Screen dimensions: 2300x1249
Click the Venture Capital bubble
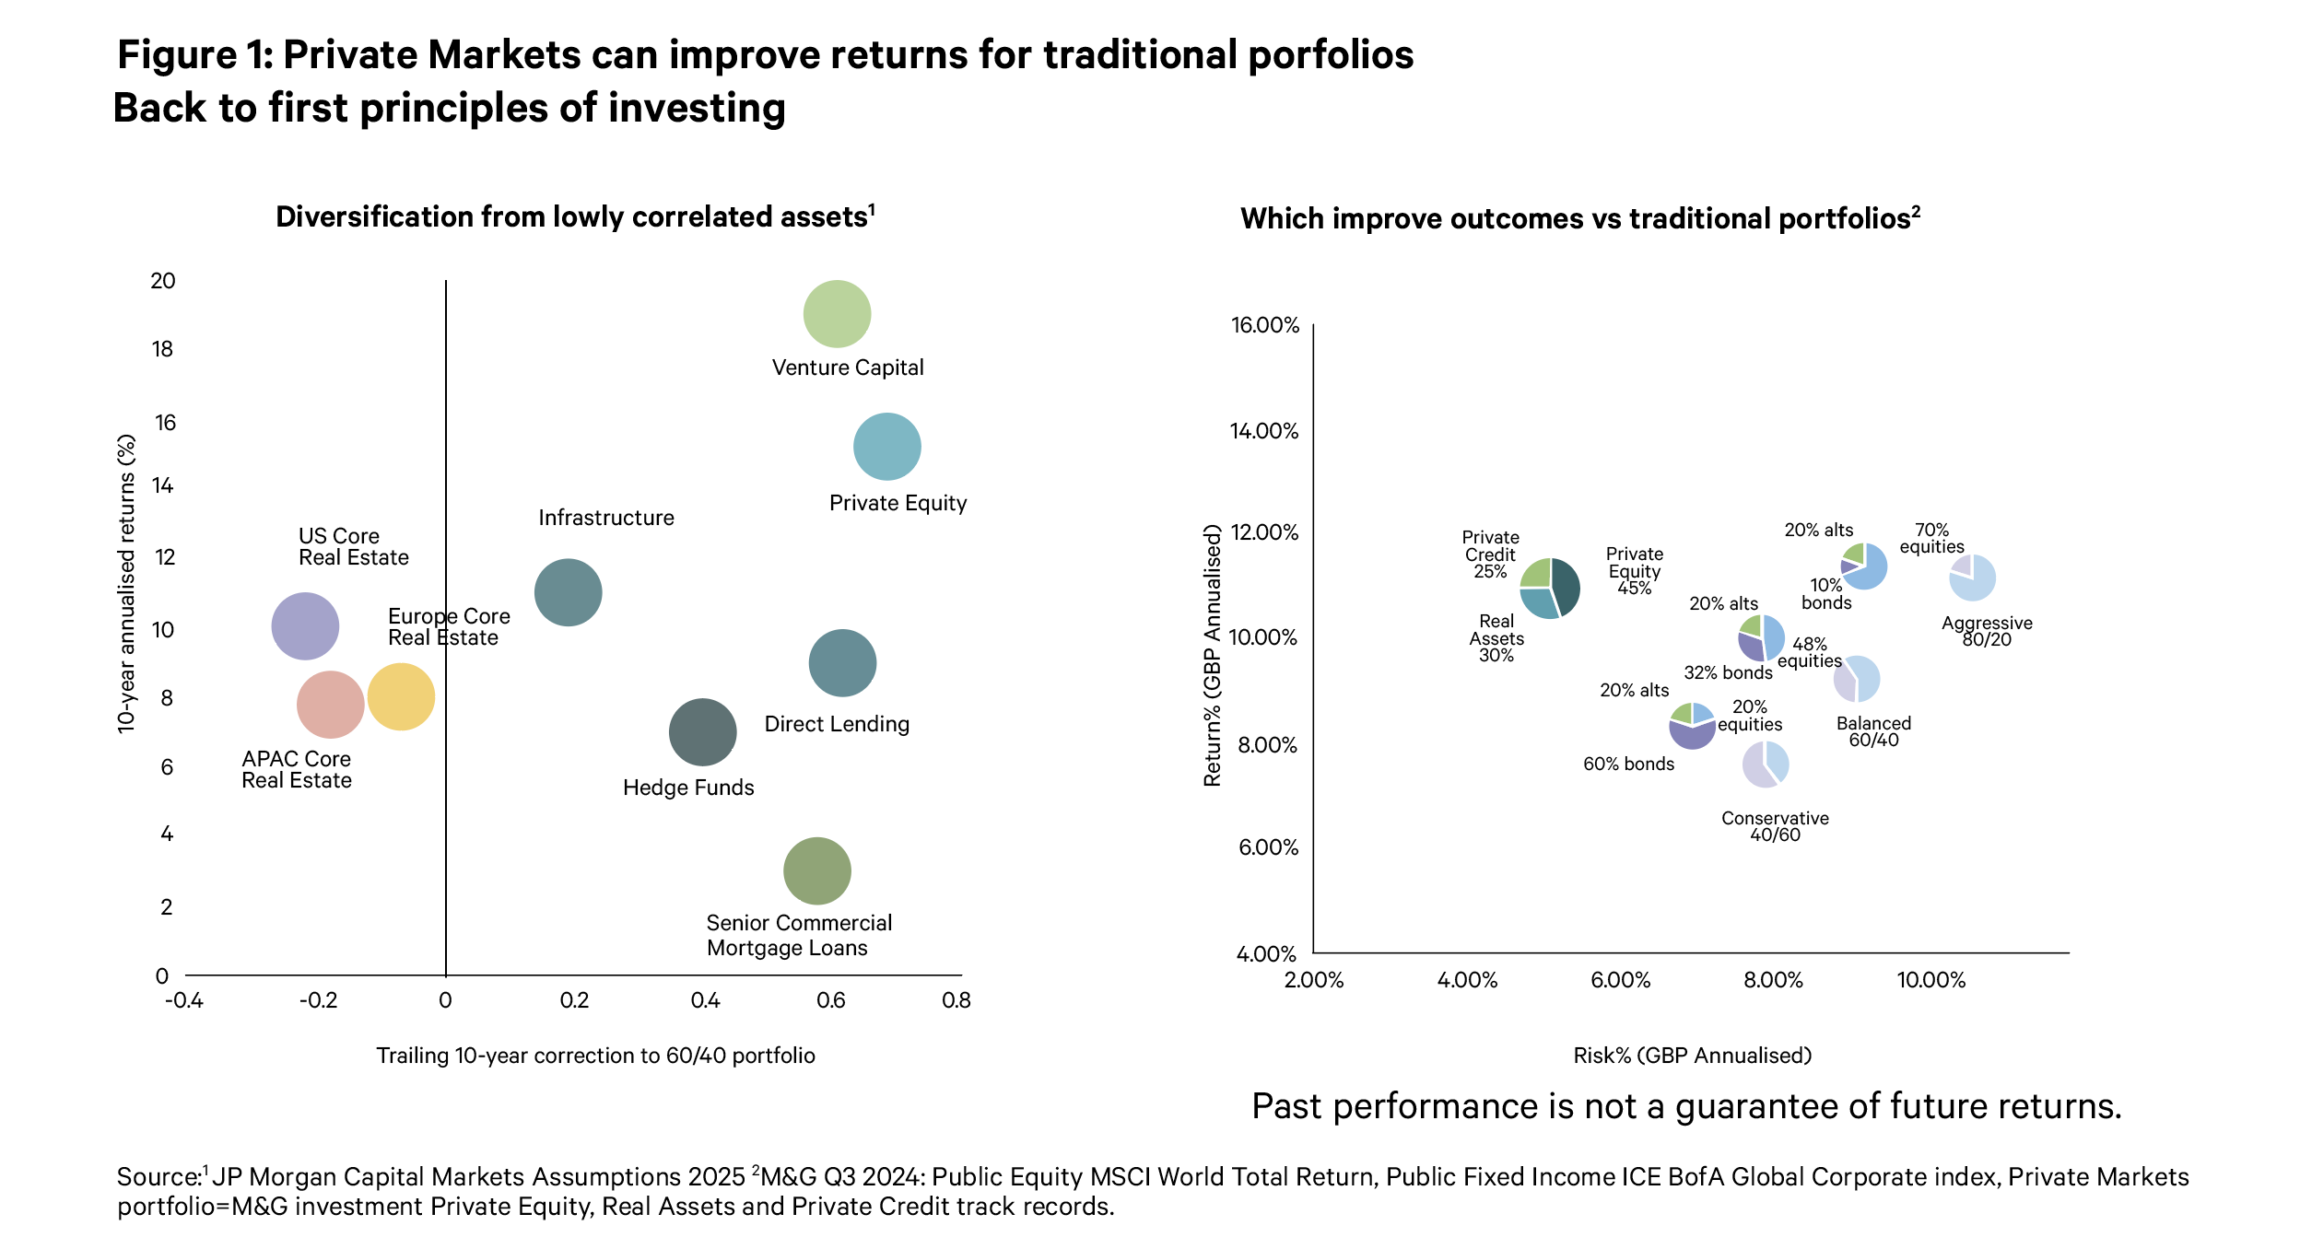837,314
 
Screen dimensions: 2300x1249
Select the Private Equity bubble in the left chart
887,447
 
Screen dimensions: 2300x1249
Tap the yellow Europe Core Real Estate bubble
401,697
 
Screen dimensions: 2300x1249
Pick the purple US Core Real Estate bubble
305,626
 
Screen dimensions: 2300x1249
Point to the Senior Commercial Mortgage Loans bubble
817,871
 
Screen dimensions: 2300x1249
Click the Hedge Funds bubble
703,733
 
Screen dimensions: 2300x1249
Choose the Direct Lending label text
837,724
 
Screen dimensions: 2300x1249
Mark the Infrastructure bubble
569,593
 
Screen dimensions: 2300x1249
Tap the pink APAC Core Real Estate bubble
331,705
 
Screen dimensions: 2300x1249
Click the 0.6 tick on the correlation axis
831,1000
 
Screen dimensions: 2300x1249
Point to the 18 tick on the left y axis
162,349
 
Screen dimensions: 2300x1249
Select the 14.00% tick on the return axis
1264,431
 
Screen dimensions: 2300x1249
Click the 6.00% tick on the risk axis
1621,980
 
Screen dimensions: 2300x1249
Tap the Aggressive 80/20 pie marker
1973,578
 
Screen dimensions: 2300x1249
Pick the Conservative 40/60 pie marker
1766,764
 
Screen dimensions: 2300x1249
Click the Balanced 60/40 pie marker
1856,680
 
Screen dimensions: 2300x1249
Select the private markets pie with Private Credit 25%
1550,588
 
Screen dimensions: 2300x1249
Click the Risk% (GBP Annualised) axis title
1692,1056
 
